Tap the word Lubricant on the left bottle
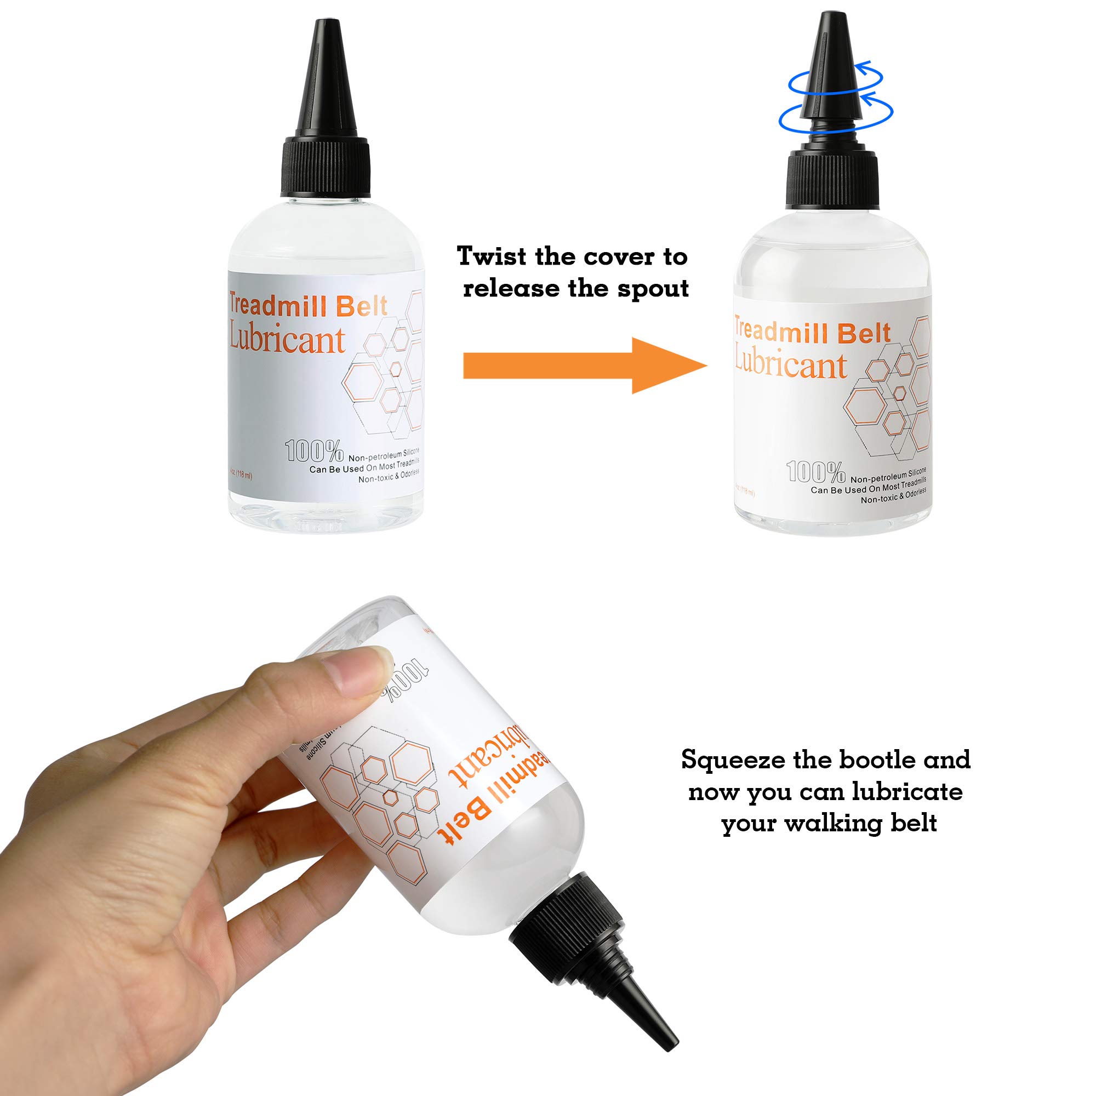pos(287,339)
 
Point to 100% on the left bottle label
pos(314,451)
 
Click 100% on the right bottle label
pos(816,471)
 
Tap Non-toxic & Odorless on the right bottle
pos(893,496)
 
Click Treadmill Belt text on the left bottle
pos(308,306)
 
